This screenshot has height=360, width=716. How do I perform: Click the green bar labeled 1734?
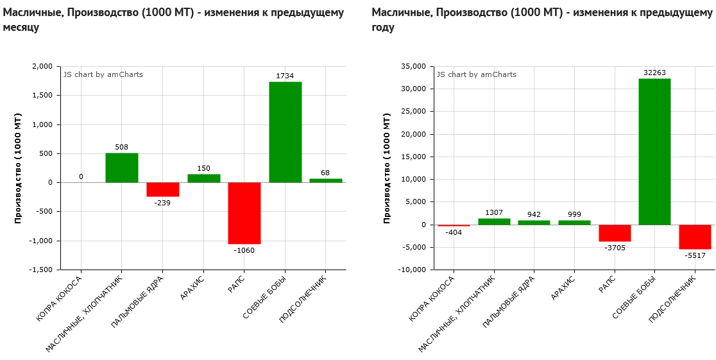pyautogui.click(x=285, y=132)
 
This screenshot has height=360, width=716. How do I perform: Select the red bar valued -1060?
pyautogui.click(x=244, y=213)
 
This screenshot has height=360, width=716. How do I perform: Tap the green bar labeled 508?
pyautogui.click(x=122, y=167)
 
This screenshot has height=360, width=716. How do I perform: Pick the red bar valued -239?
pyautogui.click(x=163, y=189)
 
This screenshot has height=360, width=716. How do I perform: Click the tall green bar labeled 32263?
pyautogui.click(x=654, y=151)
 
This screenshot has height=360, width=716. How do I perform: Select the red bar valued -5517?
pyautogui.click(x=695, y=237)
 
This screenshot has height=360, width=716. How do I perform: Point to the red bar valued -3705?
pyautogui.click(x=615, y=233)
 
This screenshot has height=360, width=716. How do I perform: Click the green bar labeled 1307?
pyautogui.click(x=494, y=221)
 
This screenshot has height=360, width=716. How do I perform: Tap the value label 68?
pyautogui.click(x=325, y=173)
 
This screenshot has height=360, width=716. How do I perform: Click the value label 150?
pyautogui.click(x=203, y=168)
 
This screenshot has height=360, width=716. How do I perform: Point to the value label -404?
pyautogui.click(x=453, y=232)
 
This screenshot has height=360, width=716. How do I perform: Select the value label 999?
pyautogui.click(x=575, y=214)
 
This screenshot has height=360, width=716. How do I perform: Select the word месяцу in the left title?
pyautogui.click(x=21, y=28)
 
